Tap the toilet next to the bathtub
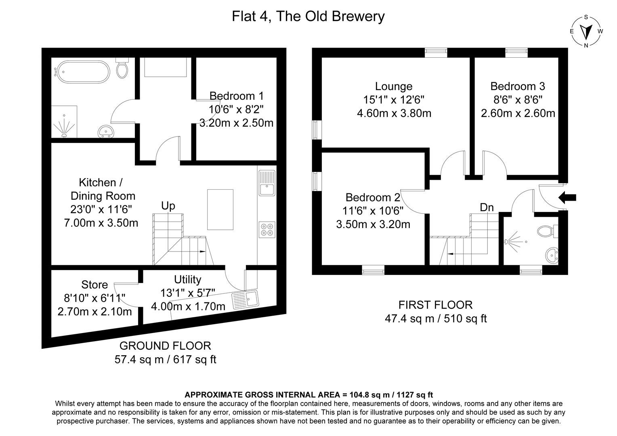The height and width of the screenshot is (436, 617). click(x=122, y=69)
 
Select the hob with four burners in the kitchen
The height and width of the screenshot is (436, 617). click(x=267, y=229)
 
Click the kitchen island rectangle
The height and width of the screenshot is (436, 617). click(x=220, y=209)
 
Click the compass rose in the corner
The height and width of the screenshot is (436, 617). click(x=586, y=31)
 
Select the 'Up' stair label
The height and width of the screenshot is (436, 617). click(x=168, y=206)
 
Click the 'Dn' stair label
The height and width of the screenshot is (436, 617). click(x=487, y=208)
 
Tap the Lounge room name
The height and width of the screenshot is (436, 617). click(x=394, y=86)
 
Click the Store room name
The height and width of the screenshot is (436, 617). click(x=94, y=285)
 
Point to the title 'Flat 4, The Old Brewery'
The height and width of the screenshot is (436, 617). click(x=308, y=17)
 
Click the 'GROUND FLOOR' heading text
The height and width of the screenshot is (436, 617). click(x=165, y=346)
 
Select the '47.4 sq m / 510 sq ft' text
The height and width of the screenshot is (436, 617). click(x=436, y=319)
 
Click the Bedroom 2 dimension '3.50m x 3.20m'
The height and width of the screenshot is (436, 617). click(x=373, y=224)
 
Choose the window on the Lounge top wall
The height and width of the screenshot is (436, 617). click(x=436, y=52)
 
